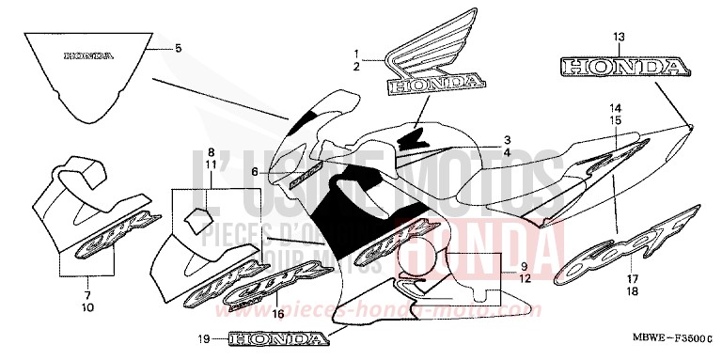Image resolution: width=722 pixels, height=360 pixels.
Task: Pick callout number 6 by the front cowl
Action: pyautogui.click(x=255, y=171)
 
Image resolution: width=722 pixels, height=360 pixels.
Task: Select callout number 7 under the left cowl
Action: pyautogui.click(x=86, y=280)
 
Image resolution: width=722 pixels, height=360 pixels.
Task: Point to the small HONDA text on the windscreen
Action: pyautogui.click(x=87, y=55)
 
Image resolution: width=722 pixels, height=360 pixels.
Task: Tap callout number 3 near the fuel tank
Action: pyautogui.click(x=506, y=138)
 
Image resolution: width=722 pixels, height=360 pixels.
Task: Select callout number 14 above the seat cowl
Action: pyautogui.click(x=615, y=108)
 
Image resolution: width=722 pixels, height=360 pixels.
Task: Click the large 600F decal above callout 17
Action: pyautogui.click(x=626, y=243)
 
